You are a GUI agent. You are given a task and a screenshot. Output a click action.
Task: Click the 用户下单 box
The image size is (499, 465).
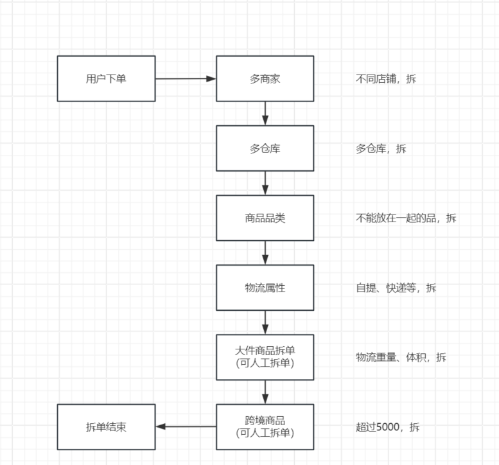106,78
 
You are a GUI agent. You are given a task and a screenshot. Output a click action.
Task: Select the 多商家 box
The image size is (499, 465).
265,78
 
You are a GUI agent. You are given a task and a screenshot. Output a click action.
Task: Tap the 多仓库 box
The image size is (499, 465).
265,148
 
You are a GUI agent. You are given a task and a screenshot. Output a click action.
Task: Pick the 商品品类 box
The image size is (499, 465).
265,218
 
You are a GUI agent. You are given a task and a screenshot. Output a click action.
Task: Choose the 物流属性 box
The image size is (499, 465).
265,288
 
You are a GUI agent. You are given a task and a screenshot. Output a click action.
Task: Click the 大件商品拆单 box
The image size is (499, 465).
265,357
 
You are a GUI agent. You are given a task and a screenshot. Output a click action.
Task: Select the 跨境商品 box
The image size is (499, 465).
265,426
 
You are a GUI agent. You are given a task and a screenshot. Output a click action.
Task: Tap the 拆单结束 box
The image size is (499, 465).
106,426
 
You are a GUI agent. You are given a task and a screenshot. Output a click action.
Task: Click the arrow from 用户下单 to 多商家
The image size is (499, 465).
186,78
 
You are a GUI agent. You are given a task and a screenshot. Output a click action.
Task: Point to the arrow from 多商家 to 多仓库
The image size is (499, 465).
265,113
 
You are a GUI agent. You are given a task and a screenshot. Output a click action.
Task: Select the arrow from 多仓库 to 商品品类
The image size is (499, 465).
265,183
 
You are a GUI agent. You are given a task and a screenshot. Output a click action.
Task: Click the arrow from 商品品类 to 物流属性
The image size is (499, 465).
265,252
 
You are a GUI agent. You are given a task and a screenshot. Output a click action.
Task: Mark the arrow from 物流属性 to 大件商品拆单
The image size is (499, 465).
265,322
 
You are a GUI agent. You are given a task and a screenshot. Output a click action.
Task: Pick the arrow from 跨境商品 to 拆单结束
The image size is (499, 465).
186,426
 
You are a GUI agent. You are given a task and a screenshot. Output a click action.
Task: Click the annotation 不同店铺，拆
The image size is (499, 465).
386,79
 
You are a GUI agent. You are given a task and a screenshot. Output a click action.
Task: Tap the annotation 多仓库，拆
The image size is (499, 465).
381,148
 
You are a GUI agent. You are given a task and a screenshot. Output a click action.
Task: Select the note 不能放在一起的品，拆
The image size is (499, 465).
406,218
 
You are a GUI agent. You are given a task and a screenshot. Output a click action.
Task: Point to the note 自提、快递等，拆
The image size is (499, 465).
396,288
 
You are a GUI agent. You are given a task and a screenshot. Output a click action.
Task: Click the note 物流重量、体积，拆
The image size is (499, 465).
401,357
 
